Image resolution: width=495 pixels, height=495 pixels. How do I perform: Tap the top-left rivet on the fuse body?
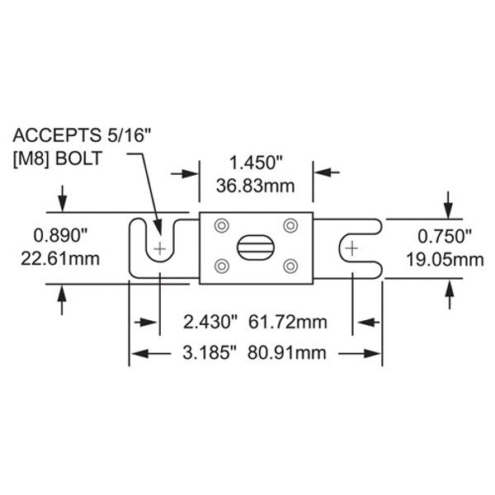pyautogui.click(x=220, y=226)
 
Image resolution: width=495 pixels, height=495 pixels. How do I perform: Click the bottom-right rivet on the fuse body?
pyautogui.click(x=290, y=265)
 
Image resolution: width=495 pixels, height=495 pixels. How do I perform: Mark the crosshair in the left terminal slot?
pyautogui.click(x=161, y=248)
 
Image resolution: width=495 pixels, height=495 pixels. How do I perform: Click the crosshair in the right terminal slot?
pyautogui.click(x=352, y=247)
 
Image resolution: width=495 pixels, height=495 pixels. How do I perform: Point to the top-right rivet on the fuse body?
pyautogui.click(x=290, y=226)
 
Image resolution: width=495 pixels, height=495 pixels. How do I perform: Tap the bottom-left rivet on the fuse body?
pyautogui.click(x=220, y=265)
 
